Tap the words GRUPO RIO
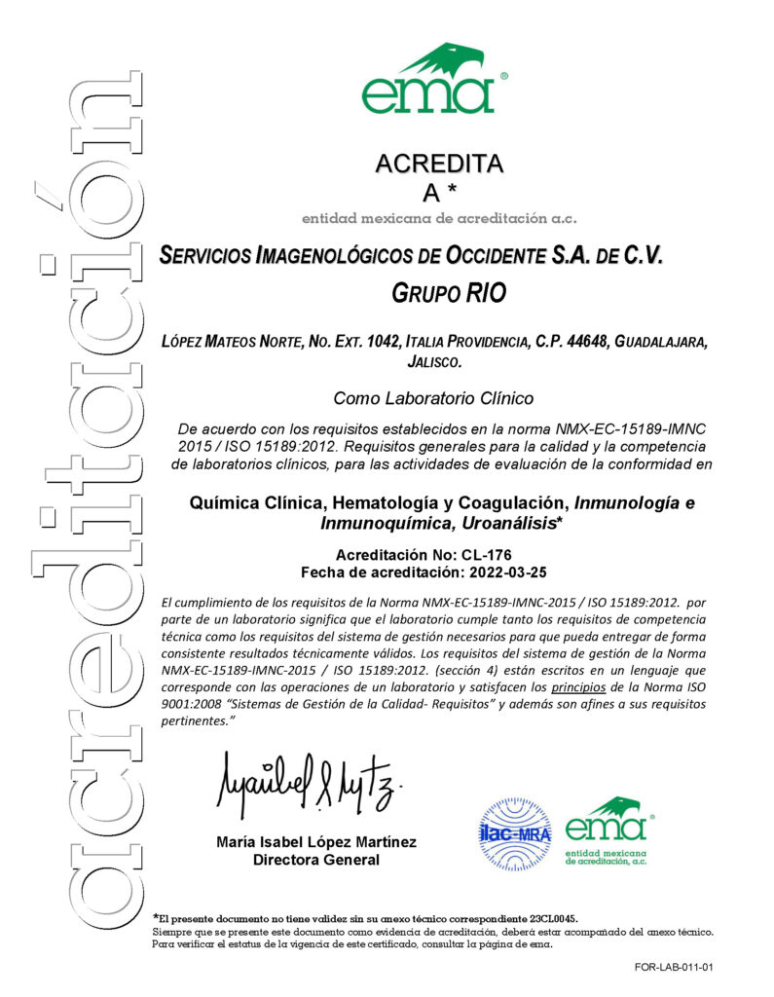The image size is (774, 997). click(x=449, y=292)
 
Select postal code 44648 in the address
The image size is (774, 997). click(x=583, y=342)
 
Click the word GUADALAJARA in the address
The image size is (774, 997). click(x=664, y=342)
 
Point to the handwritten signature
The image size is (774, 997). click(x=308, y=785)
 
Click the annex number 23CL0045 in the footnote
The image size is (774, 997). click(x=553, y=918)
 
